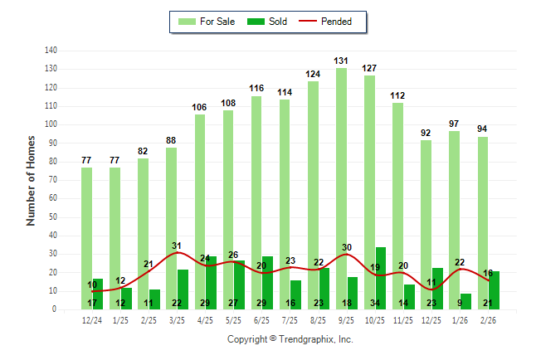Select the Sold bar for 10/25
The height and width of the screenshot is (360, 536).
point(381,278)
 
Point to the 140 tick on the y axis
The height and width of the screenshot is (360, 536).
point(51,51)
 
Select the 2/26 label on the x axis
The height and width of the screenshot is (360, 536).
point(488,320)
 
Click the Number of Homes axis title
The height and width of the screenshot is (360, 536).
point(32,180)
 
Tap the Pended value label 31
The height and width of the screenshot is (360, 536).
point(177,246)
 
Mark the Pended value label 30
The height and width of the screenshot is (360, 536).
point(347,247)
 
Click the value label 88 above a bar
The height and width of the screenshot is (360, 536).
point(172,140)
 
